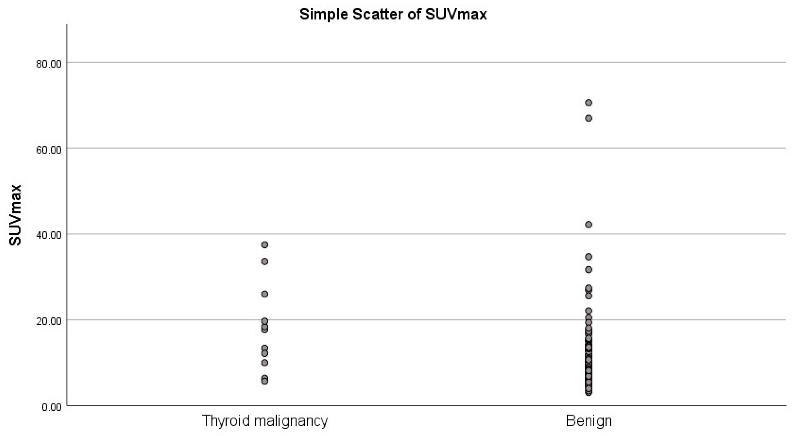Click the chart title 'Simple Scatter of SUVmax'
coord(393,14)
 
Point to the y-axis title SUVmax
coord(15,215)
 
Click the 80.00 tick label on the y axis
coord(49,64)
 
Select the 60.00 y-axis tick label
coord(49,150)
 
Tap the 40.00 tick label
coord(49,235)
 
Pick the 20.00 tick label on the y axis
coord(49,321)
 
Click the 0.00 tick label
coord(51,407)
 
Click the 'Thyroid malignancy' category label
coord(265,421)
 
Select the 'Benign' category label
coord(588,421)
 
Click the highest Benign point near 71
coord(588,102)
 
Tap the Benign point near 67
coord(588,118)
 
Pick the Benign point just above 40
coord(588,224)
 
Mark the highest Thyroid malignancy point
coord(265,245)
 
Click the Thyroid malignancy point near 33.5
coord(265,262)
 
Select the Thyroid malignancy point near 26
coord(265,294)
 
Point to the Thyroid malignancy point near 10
coord(265,363)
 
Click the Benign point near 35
coord(588,257)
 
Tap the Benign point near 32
coord(588,270)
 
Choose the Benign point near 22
coord(588,311)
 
